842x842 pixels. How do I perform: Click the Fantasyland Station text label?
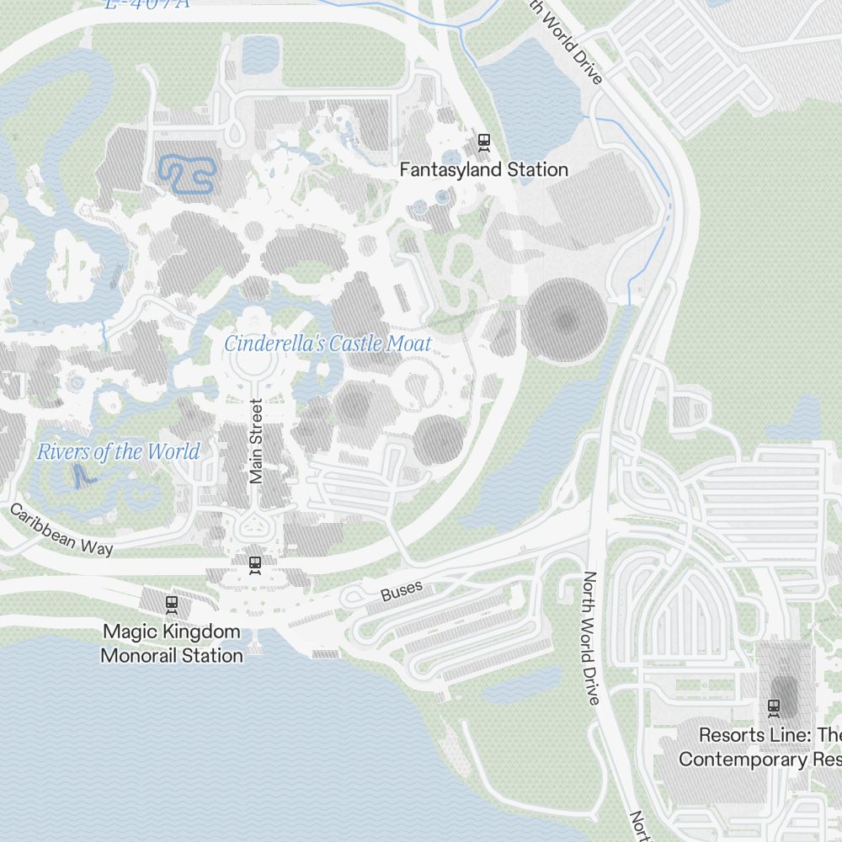point(483,169)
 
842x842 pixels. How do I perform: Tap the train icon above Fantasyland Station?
point(483,141)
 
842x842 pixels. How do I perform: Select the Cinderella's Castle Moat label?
point(328,344)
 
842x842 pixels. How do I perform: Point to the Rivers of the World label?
point(118,451)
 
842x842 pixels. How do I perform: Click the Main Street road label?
point(257,440)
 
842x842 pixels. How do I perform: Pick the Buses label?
point(401,591)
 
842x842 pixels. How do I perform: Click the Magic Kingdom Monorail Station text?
point(172,642)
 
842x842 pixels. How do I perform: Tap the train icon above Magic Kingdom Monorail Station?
point(172,604)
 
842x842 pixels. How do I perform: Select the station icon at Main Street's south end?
point(254,563)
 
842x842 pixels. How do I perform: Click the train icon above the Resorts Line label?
point(774,706)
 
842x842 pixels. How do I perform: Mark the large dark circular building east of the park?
point(566,321)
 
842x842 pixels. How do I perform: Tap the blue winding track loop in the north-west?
point(187,173)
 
